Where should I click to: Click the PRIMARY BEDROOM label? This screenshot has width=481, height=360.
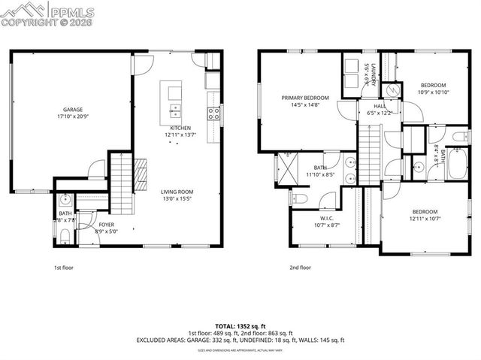tap(305, 98)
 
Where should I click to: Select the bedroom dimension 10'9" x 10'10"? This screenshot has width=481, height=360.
tap(433, 92)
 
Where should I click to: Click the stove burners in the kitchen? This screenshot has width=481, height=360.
tap(214, 113)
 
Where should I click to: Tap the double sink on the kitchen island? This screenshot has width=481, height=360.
tap(175, 113)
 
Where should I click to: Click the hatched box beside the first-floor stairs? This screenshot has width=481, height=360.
tap(140, 175)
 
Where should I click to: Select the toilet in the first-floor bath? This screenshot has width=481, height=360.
tap(65, 237)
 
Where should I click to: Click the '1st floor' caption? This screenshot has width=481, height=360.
tap(63, 267)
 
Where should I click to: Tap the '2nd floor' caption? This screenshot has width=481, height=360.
tap(300, 267)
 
